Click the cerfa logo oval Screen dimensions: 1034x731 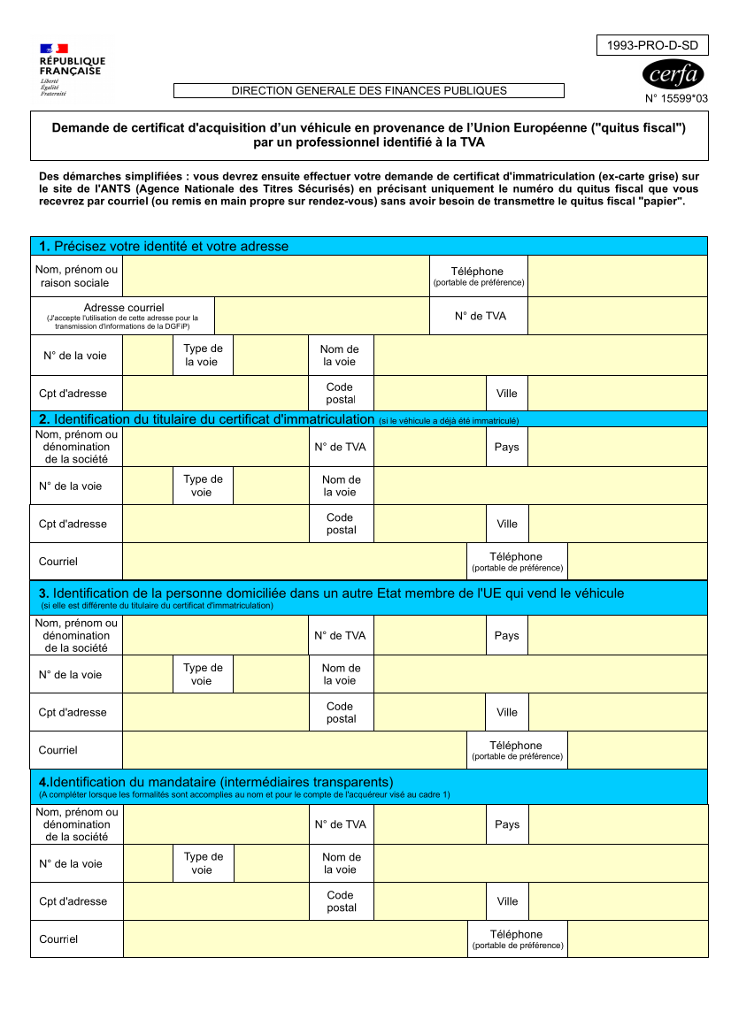click(x=673, y=73)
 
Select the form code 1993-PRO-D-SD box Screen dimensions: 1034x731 click(x=653, y=45)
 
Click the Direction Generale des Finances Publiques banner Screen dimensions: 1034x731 click(x=369, y=90)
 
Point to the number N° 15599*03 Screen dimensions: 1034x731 click(x=676, y=99)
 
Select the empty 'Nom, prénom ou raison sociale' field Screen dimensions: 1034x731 click(x=275, y=276)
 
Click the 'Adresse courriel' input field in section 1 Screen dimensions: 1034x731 click(x=322, y=316)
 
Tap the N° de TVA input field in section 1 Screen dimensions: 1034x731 click(x=617, y=316)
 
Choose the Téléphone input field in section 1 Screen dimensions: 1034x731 click(x=617, y=276)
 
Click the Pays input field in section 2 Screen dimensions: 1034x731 click(x=617, y=447)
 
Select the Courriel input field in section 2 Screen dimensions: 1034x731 click(x=294, y=562)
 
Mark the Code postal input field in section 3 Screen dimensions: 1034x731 click(x=429, y=712)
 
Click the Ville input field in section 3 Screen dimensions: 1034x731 click(x=617, y=712)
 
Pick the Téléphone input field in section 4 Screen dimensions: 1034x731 click(x=637, y=938)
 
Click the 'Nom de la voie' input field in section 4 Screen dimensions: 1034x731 click(x=541, y=863)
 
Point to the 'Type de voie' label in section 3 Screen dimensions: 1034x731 click(x=203, y=674)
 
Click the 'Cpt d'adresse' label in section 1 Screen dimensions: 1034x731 click(x=73, y=394)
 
